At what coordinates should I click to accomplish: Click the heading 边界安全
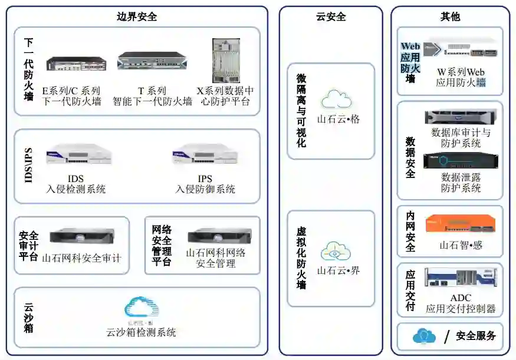(x=137, y=16)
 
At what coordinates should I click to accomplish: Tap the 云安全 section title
(x=331, y=16)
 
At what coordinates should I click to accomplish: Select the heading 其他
(x=450, y=16)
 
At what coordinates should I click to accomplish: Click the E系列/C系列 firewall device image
(x=77, y=64)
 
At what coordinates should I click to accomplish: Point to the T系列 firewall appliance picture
(x=147, y=61)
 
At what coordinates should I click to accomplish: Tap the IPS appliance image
(x=205, y=156)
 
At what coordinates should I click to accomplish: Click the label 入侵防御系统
(x=205, y=189)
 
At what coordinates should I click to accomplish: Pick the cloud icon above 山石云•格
(x=336, y=98)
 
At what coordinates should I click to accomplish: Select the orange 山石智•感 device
(x=461, y=224)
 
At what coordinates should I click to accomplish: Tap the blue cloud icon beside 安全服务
(x=424, y=336)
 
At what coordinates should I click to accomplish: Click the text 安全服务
(x=476, y=336)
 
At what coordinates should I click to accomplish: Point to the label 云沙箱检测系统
(x=141, y=332)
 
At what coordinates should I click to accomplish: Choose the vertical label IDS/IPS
(x=28, y=165)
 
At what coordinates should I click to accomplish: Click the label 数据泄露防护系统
(x=461, y=182)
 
